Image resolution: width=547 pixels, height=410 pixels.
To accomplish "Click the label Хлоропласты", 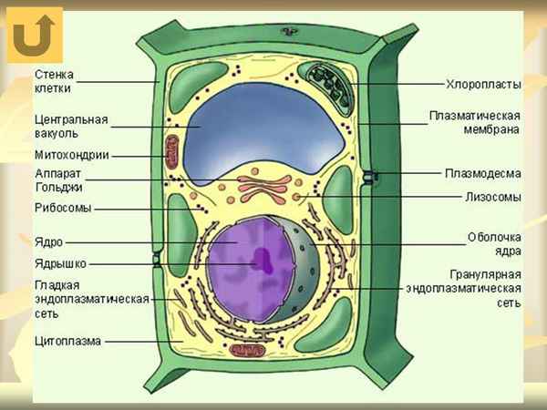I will click(x=482, y=84).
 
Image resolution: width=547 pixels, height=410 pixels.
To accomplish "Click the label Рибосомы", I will click(x=62, y=208).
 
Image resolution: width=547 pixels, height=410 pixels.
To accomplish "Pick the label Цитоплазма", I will click(x=67, y=342).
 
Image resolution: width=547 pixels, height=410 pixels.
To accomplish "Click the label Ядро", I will click(x=48, y=243).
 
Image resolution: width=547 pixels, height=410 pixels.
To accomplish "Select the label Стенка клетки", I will click(x=54, y=81).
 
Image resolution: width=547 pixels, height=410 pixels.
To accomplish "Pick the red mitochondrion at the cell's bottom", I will click(x=246, y=350).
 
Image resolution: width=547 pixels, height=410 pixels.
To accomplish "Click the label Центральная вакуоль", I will click(x=71, y=126).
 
